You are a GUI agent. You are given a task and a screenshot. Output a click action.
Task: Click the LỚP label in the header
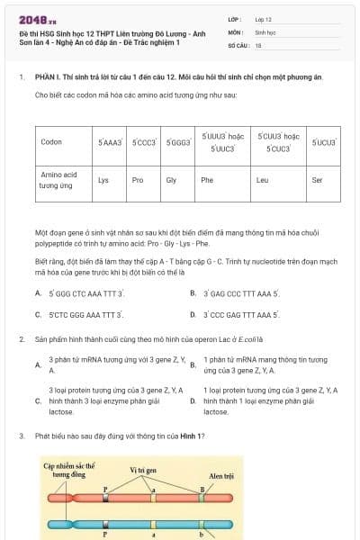[x=236, y=19]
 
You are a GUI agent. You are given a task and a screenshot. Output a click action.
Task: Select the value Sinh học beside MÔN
[x=265, y=31]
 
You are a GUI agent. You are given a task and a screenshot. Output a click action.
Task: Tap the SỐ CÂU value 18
[x=258, y=44]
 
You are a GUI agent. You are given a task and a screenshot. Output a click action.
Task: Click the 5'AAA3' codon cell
[x=109, y=142]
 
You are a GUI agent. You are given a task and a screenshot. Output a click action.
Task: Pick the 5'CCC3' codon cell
[x=143, y=142]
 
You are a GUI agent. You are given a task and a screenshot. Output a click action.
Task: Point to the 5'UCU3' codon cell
[x=322, y=142]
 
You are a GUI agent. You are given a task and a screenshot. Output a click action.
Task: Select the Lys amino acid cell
[x=103, y=180]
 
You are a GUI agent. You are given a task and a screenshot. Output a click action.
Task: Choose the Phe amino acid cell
[x=207, y=180]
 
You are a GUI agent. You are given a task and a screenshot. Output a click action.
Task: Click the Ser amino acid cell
[x=316, y=180]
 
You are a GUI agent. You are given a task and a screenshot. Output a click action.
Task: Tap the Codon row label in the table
[x=51, y=142]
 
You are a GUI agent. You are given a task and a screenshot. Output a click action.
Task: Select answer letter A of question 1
[x=38, y=293]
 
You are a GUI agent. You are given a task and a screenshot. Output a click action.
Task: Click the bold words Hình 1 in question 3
[x=192, y=436]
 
